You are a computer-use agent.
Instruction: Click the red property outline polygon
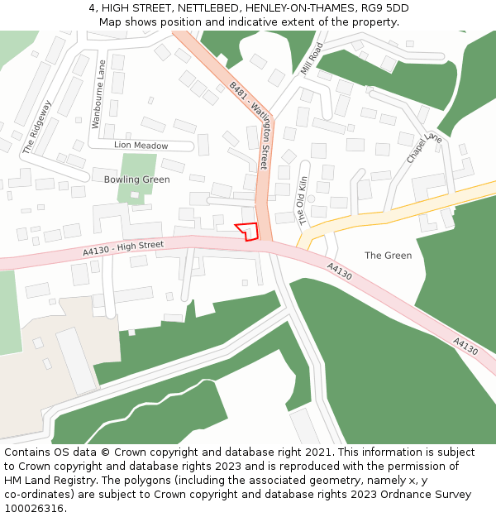[248, 232]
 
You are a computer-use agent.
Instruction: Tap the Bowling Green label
[136, 180]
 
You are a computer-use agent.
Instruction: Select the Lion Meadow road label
[141, 146]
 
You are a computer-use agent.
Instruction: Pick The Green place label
[388, 256]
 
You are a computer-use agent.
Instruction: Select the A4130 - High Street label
[123, 247]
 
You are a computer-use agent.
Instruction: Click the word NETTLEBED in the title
[210, 8]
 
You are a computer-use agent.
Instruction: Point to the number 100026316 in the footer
[35, 509]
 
